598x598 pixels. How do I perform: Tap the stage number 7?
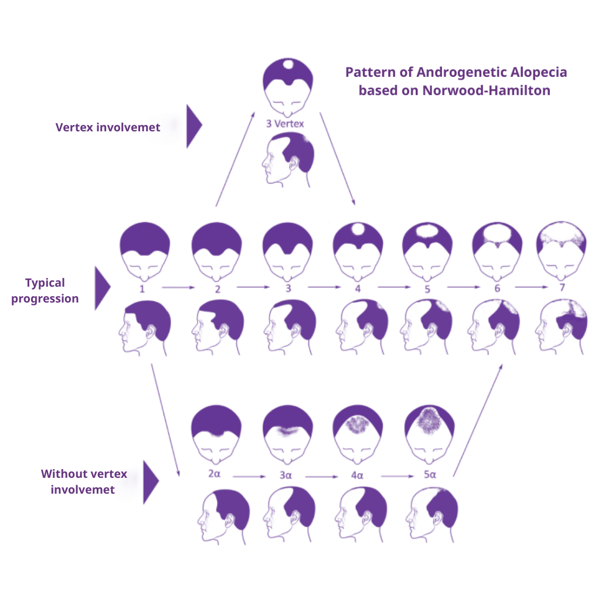563,288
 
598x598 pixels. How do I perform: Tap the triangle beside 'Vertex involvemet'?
193,126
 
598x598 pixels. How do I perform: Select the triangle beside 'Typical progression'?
101,288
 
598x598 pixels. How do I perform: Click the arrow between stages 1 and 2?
179,288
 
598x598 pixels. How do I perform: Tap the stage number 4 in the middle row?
358,288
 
